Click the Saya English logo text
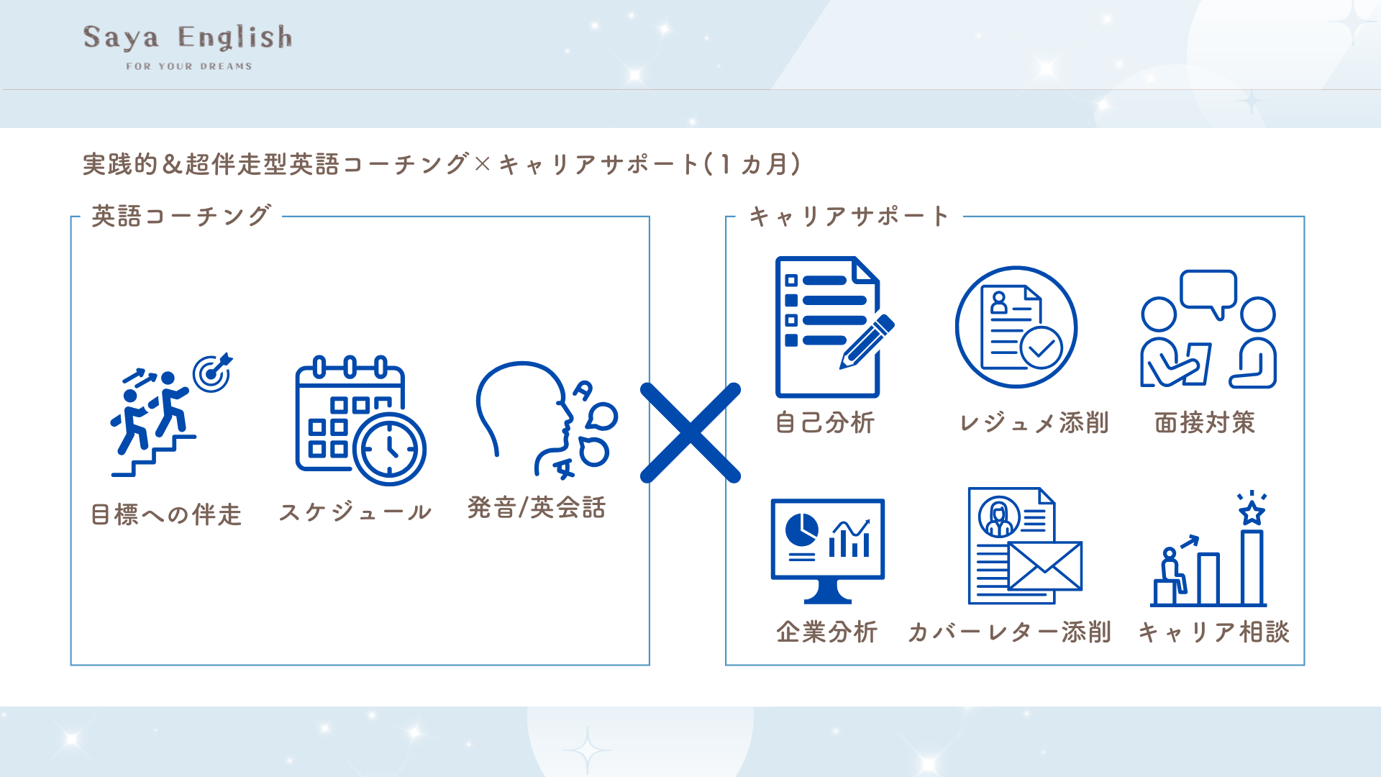pos(188,37)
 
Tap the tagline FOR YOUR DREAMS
pos(189,66)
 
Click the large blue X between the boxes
pos(690,432)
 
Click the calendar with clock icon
pos(360,420)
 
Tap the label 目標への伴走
pos(166,514)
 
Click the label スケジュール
pos(355,512)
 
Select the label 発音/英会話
pos(537,508)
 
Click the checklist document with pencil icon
pos(833,327)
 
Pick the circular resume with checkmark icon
pos(1016,327)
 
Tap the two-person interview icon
pos(1208,330)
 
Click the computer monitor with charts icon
pos(827,550)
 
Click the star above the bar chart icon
pos(1252,512)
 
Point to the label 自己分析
pos(824,423)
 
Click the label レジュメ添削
pos(1034,423)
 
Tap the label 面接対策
pos(1205,423)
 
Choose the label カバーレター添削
pos(1009,632)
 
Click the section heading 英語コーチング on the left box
pos(181,216)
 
